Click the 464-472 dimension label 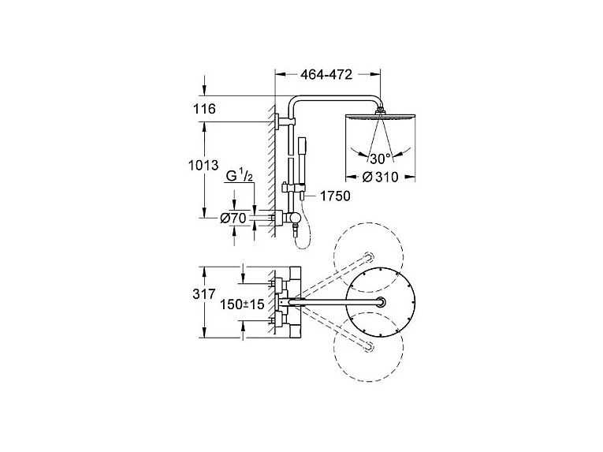(326, 75)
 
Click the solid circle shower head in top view (381, 303)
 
